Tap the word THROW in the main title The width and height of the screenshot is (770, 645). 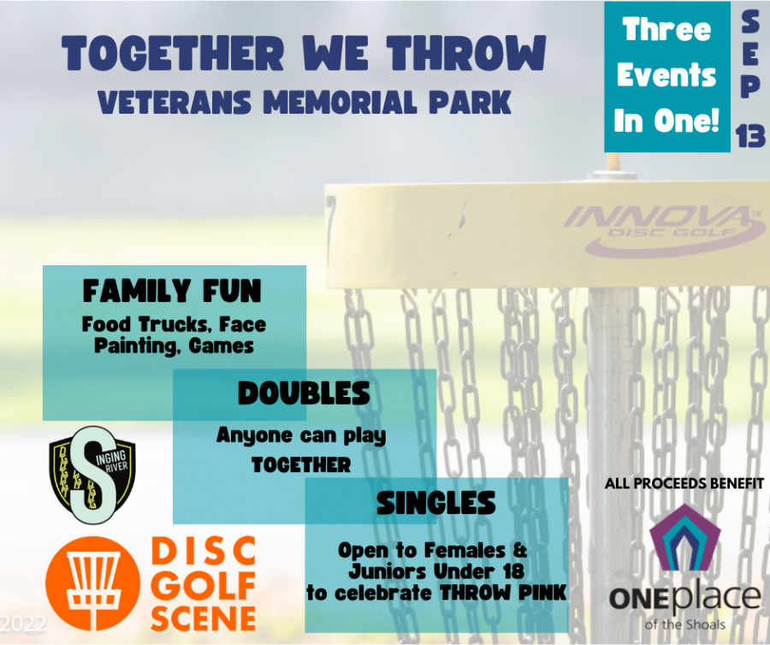click(x=466, y=52)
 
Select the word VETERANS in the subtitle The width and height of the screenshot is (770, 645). click(x=175, y=102)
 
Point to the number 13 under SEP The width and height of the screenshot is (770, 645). click(x=750, y=135)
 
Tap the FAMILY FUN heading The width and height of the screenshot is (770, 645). click(x=172, y=291)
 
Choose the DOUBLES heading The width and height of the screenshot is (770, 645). click(x=304, y=394)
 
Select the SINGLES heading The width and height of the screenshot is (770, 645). click(x=436, y=503)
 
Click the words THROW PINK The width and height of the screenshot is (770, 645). click(x=503, y=593)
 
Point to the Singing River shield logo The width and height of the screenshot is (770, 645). click(x=92, y=475)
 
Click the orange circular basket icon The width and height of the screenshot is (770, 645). click(x=92, y=583)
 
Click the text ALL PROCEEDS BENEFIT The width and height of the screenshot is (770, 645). click(x=684, y=483)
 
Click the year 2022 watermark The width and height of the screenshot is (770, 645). click(x=23, y=624)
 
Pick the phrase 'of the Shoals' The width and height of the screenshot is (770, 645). click(x=684, y=624)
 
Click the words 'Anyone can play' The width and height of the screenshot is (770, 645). click(x=301, y=435)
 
